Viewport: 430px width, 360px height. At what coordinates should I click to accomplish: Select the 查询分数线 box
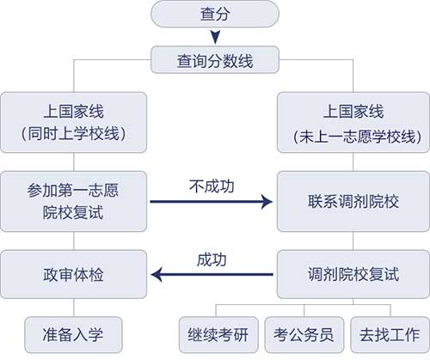pos(214,59)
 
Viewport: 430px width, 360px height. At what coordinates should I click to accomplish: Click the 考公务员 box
pos(304,331)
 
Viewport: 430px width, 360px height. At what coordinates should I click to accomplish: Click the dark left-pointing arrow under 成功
pos(212,276)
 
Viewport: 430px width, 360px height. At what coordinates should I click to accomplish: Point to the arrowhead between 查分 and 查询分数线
pos(214,37)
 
